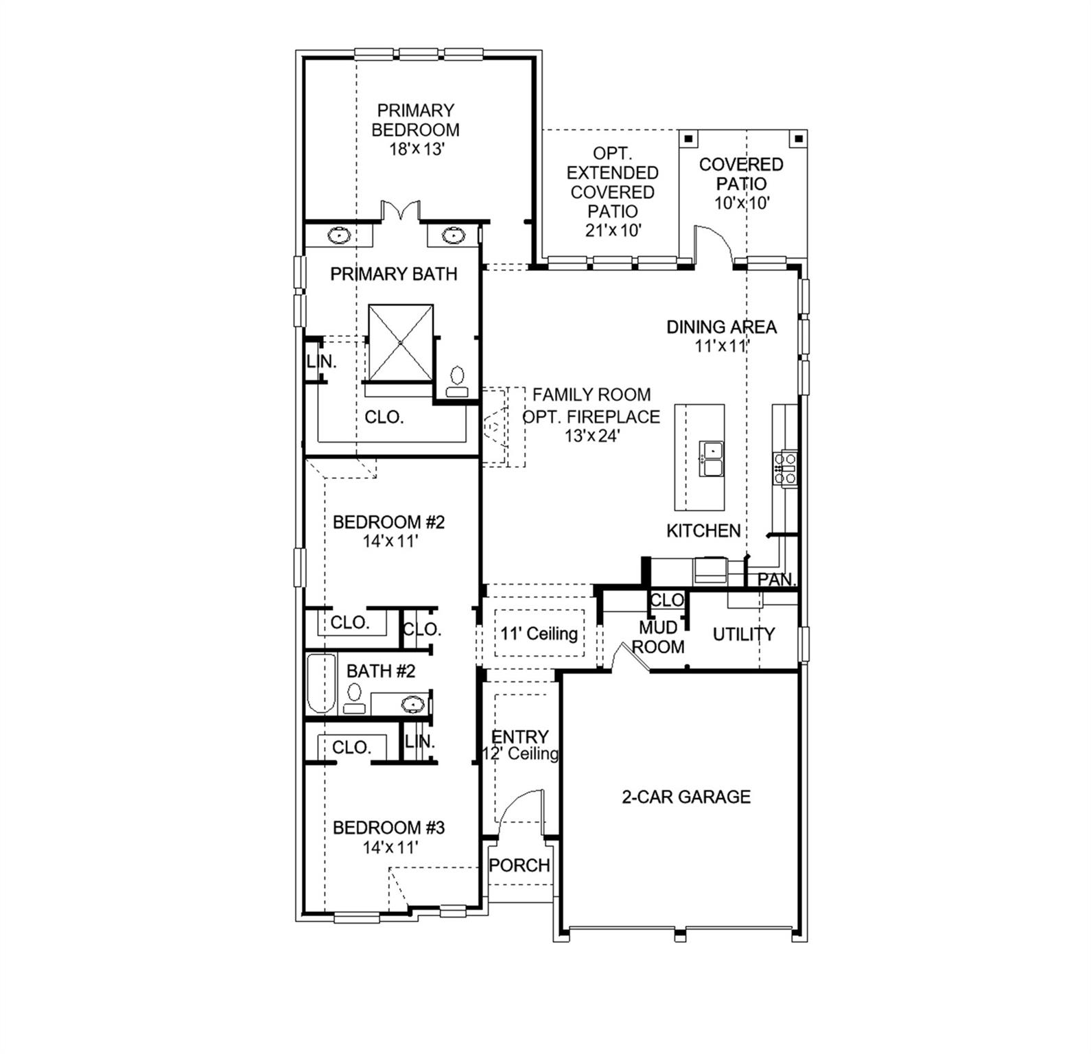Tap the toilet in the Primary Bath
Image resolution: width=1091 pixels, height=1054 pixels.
[x=457, y=382]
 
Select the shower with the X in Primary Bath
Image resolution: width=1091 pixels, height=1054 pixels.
[x=401, y=342]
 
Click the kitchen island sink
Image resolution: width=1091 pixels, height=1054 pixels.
[x=711, y=459]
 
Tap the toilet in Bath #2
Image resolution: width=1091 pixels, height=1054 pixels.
[x=355, y=699]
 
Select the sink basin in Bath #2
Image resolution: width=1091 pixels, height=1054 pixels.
[x=412, y=703]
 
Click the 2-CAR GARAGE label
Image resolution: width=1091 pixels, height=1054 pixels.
[x=686, y=797]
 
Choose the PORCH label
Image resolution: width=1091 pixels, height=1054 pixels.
[x=519, y=865]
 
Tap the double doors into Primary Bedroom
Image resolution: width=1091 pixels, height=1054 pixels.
[x=401, y=210]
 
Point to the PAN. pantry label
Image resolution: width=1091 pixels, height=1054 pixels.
[x=775, y=579]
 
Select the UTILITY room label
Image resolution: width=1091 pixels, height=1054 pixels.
[x=744, y=634]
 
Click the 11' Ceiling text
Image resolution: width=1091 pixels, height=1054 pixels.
[x=539, y=633]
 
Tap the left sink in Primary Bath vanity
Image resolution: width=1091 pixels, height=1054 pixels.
[x=339, y=236]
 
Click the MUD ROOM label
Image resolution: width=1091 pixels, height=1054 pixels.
[x=659, y=637]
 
